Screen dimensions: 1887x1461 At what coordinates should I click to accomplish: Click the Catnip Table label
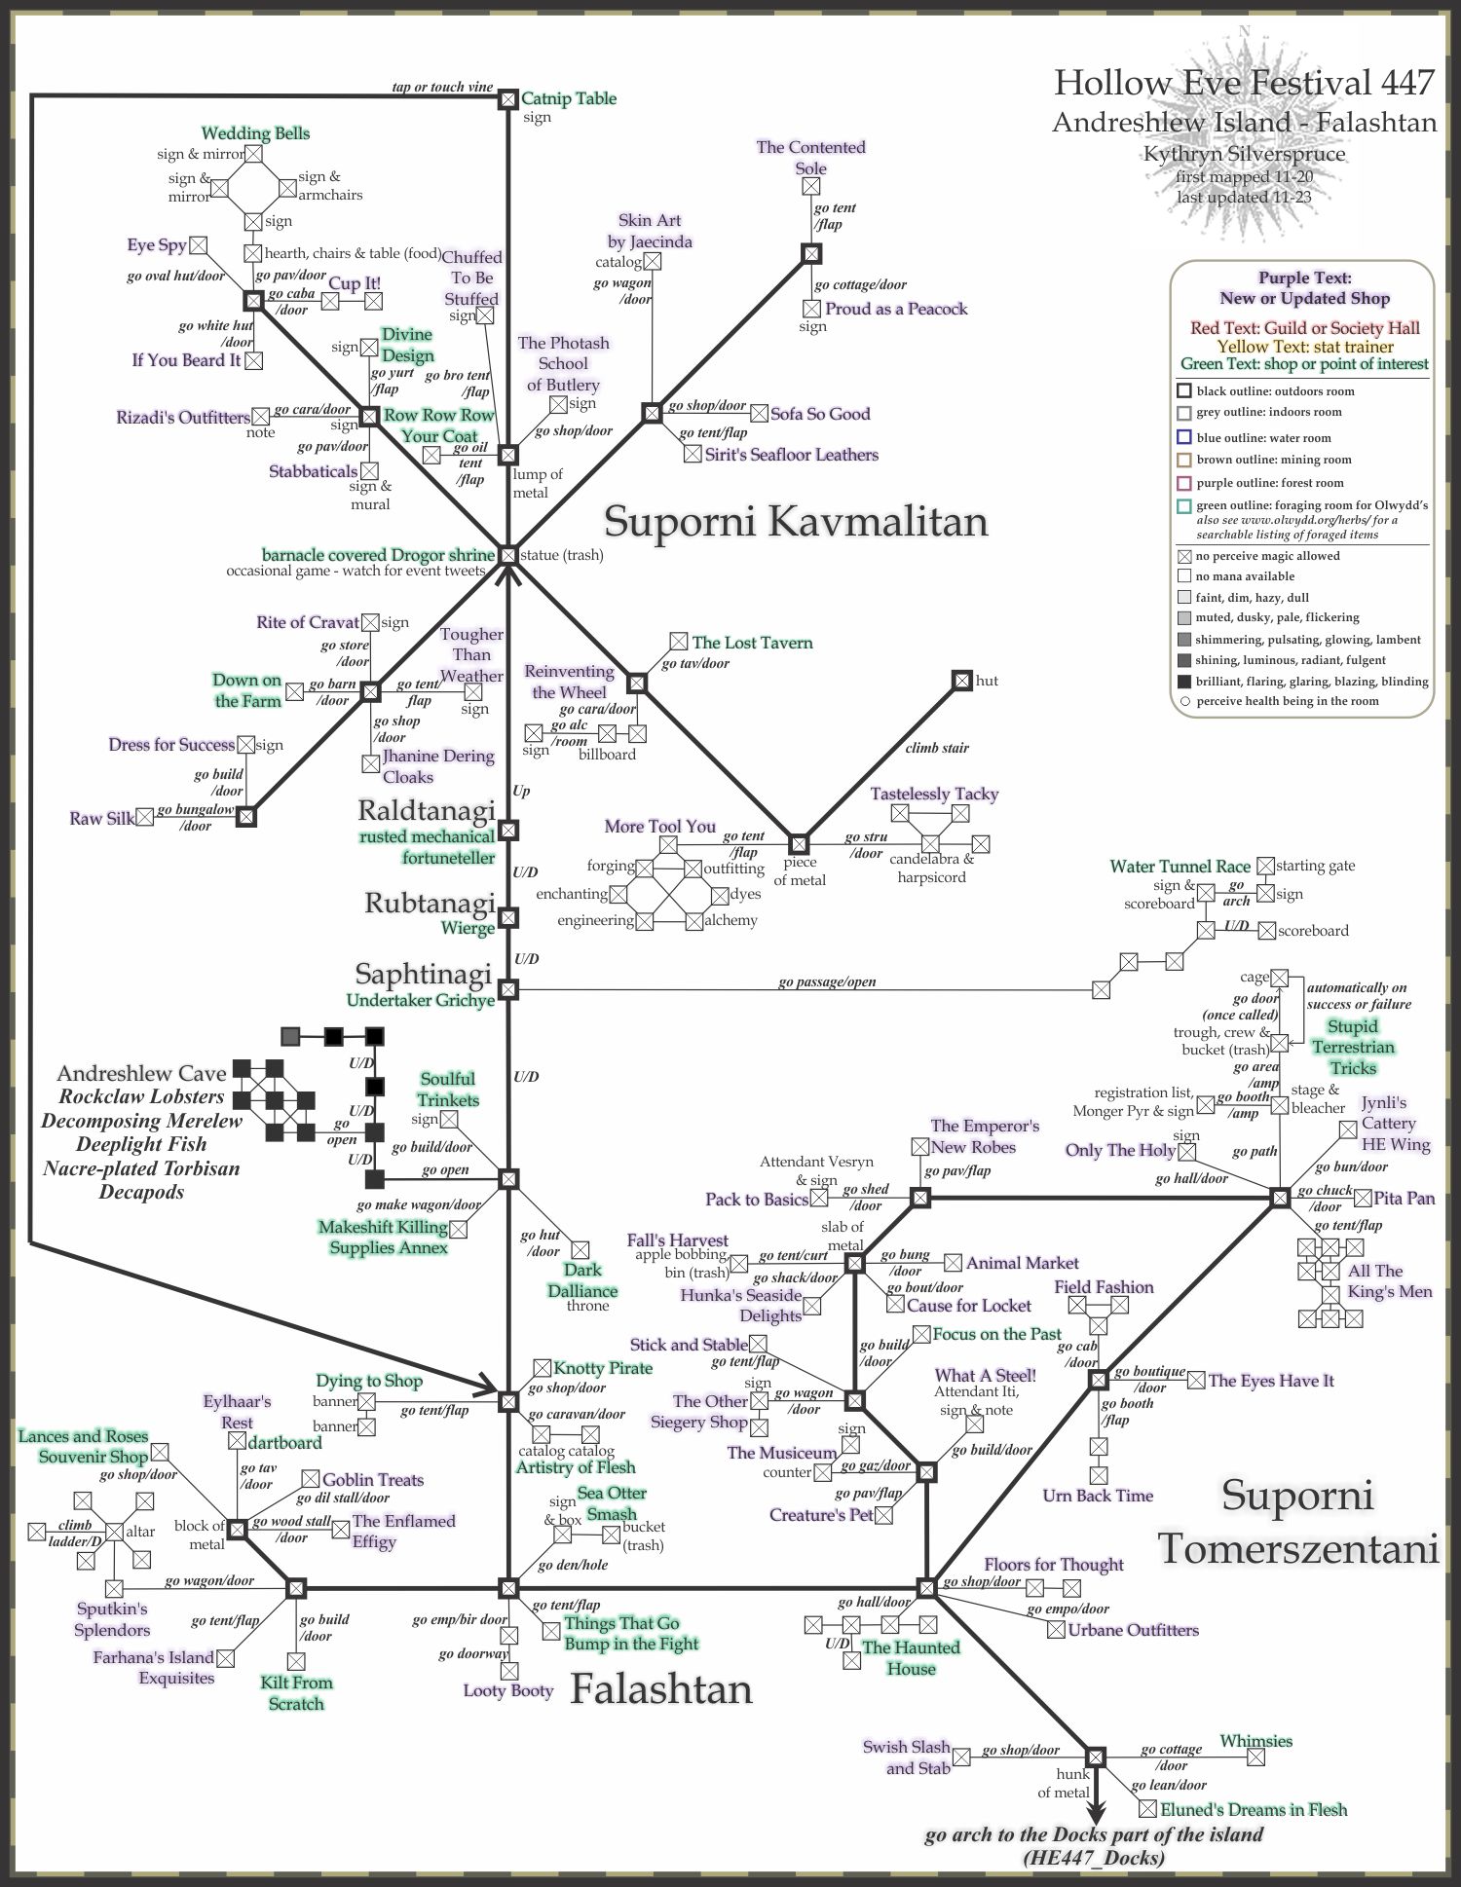569,98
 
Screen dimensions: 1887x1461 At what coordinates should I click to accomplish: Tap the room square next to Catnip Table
507,98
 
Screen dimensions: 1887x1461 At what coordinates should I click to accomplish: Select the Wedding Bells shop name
255,133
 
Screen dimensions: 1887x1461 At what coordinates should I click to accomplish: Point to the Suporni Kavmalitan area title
796,521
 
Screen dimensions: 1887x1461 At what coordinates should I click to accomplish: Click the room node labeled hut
961,681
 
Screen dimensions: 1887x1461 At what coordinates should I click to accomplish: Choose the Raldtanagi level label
427,810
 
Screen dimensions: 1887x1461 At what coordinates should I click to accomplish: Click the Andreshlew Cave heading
141,1073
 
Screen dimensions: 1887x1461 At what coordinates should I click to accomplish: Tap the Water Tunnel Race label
1180,866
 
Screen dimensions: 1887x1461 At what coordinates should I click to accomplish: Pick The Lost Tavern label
752,643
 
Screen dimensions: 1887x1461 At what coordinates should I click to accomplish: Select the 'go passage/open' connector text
827,981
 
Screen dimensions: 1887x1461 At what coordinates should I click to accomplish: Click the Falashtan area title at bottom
661,1688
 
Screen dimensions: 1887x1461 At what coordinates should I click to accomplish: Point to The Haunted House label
911,1657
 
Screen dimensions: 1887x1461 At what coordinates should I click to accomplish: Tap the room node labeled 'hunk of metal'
1096,1757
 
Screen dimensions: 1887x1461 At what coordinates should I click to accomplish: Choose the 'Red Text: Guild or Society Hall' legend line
1304,328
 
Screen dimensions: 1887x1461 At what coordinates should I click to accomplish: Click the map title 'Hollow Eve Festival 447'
1244,84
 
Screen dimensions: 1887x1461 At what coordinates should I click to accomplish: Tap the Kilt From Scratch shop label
296,1692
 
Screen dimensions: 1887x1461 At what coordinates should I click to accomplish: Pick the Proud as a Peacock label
896,309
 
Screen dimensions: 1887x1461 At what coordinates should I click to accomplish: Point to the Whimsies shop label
1255,1741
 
